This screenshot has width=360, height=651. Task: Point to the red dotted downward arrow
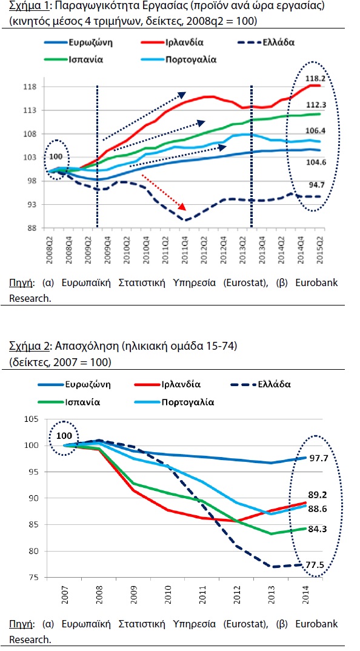click(x=164, y=192)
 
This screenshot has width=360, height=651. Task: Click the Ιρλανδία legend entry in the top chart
click(x=170, y=43)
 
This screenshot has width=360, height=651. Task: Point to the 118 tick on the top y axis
click(x=35, y=87)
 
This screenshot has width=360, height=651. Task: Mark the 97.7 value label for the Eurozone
click(x=319, y=458)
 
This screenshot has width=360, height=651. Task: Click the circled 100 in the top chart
click(x=56, y=157)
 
